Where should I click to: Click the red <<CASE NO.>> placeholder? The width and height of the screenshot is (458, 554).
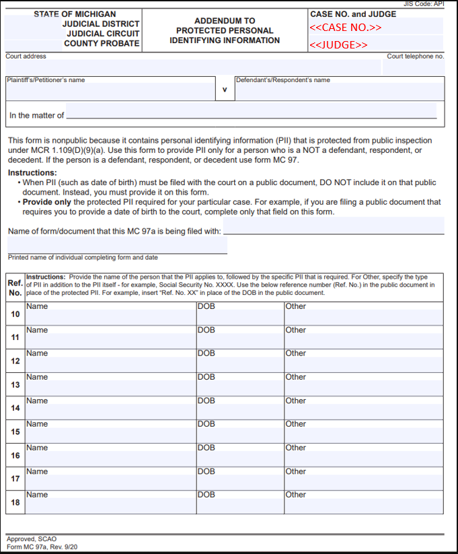tap(345, 28)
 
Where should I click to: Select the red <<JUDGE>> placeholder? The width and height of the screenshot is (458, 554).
tap(338, 45)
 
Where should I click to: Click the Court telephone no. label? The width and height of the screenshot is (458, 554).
tap(415, 57)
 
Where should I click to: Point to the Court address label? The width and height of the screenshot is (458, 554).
tap(26, 57)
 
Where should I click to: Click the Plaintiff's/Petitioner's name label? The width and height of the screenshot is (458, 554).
tap(46, 80)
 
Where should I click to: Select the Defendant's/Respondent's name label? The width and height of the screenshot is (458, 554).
tap(282, 80)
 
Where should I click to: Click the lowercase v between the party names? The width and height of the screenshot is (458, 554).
tap(225, 89)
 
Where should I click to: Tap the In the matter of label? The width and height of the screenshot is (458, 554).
tap(36, 116)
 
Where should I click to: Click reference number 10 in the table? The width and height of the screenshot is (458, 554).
tap(15, 314)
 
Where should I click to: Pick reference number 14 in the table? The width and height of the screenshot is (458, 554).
tap(15, 409)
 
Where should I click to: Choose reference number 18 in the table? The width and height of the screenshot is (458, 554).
tap(15, 502)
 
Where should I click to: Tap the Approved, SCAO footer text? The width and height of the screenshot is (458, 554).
tap(32, 539)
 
